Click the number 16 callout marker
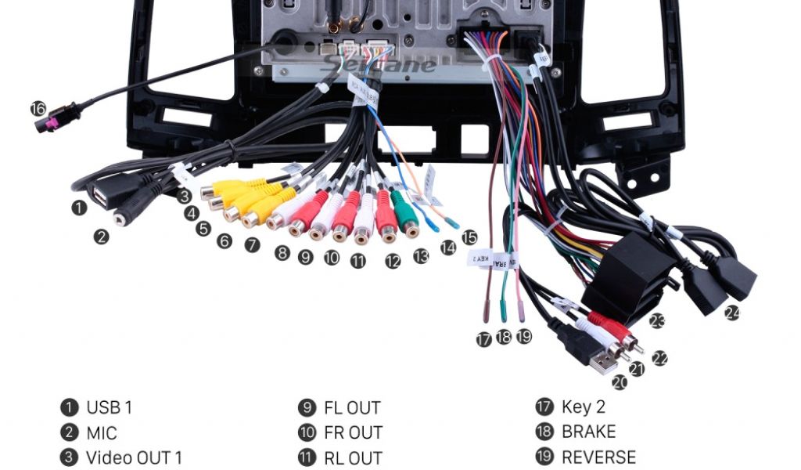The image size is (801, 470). (38, 108)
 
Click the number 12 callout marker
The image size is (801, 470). (393, 262)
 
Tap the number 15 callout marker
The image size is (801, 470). (469, 237)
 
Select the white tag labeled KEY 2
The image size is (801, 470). (480, 257)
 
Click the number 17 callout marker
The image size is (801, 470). (484, 339)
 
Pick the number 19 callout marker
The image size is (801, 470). (524, 336)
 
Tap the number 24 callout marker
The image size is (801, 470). (731, 313)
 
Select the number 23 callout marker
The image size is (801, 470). (656, 320)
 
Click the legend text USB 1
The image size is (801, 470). (109, 407)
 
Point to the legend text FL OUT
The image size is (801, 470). (352, 408)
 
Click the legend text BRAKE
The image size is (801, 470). (588, 432)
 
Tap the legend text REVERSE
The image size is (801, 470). (598, 457)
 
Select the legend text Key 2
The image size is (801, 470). (583, 407)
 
